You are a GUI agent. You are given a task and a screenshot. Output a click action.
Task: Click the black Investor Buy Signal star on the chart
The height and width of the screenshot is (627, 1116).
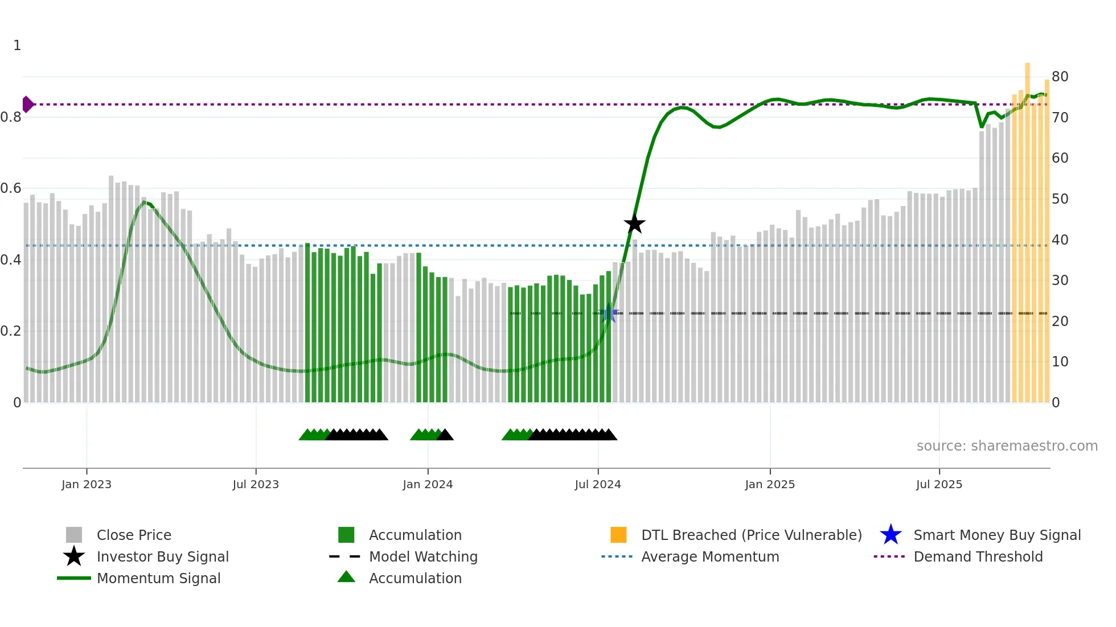coord(634,224)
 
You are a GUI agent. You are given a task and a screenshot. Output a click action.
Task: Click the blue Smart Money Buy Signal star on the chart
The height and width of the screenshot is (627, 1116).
coord(609,313)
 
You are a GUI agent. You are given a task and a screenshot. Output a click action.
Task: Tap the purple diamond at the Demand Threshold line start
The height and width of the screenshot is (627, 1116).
coord(27,104)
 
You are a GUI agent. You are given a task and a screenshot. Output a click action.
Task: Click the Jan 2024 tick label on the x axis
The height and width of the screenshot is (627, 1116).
coord(428,484)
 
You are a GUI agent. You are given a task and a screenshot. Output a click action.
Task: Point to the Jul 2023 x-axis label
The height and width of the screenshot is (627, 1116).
coord(256,484)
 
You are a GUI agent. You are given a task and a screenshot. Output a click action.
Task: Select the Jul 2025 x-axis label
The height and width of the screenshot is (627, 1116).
coord(939,484)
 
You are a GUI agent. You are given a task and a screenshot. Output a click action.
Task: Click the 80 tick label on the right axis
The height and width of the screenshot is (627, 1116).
coord(1060,76)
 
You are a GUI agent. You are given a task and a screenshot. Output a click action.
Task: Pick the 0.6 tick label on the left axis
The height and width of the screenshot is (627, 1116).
coord(11,188)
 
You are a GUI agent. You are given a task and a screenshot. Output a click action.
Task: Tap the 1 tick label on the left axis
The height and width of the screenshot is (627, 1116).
coord(17,45)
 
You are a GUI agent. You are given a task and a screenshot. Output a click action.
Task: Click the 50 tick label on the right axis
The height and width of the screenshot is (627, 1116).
coord(1060,199)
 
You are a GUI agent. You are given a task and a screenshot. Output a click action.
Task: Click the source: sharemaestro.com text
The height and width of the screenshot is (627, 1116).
coord(1007,445)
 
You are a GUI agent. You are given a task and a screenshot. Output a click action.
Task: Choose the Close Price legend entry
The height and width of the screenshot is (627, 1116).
coord(134,535)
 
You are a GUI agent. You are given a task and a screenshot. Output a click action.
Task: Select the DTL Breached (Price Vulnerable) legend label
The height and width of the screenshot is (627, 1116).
coord(751,535)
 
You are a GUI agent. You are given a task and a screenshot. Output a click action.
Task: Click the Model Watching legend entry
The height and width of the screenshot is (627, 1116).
coord(423,556)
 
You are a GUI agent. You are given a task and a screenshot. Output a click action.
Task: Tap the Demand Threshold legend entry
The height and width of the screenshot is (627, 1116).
coord(978,556)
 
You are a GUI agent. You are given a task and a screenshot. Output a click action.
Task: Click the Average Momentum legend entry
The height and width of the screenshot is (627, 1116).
coord(710,556)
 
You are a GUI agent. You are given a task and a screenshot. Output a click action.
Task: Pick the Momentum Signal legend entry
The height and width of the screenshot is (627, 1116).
coord(158,578)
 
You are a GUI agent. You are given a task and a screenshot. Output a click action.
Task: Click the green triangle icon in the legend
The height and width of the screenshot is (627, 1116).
coord(346,577)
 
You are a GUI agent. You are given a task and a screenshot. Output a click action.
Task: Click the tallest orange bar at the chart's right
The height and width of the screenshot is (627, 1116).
coord(1028,228)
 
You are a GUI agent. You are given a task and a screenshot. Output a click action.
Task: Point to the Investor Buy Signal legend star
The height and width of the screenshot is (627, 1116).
coord(74,556)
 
